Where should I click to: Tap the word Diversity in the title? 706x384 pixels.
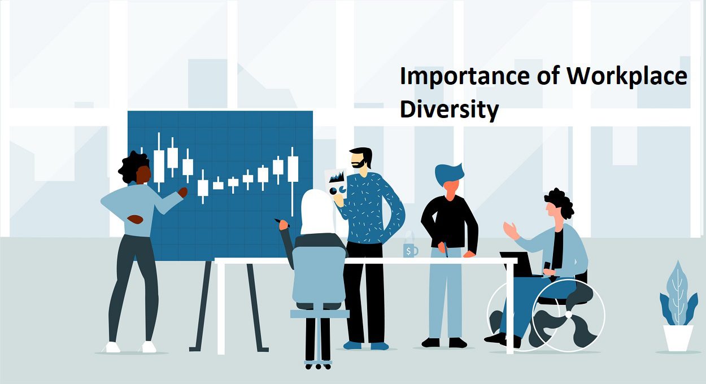pos(449,110)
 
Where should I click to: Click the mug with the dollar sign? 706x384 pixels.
pos(410,250)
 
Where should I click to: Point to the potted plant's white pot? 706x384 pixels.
pos(678,338)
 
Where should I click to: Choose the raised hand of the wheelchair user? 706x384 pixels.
pos(512,229)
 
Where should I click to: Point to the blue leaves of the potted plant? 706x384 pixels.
pos(678,296)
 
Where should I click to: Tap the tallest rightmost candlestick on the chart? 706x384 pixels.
pos(293,169)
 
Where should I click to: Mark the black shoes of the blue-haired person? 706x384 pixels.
pos(444,342)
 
